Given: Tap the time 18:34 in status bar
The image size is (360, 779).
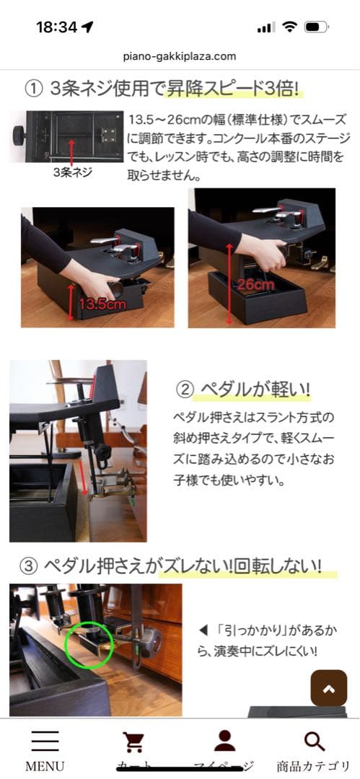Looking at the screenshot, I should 56,27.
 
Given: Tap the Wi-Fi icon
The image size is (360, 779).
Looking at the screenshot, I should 290,27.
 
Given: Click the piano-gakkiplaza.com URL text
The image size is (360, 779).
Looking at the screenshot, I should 180,56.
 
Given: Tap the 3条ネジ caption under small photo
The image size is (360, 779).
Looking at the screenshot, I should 73,173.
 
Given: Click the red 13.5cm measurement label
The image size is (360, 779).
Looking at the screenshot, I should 102,304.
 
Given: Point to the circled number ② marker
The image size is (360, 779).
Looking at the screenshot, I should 185,390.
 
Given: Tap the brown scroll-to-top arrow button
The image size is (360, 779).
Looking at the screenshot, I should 329,688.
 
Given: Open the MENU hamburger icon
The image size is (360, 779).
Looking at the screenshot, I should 45,741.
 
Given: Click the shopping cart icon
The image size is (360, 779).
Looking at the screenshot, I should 133,741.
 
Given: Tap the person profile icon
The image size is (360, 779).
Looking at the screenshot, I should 225,741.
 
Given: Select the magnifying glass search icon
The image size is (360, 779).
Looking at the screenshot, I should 315,741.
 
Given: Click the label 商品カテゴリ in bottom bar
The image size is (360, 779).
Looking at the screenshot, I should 315,766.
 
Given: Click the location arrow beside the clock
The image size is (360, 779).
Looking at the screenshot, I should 88,27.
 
